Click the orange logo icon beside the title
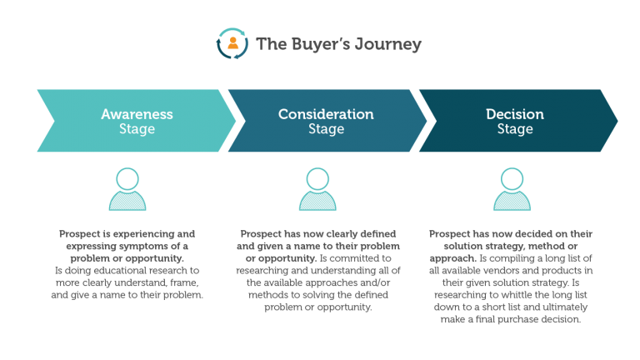232,43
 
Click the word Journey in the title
387,44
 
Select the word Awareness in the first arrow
137,114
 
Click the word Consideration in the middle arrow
326,114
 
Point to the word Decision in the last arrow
515,114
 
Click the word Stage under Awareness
137,129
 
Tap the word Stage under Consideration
326,129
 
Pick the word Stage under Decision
515,129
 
